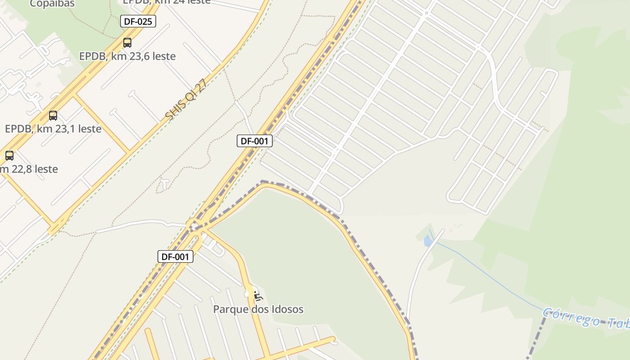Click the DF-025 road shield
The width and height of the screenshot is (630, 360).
coord(138,21)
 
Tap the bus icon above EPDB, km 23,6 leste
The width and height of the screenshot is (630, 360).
coord(127,43)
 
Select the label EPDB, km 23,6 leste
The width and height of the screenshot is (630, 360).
coord(127,56)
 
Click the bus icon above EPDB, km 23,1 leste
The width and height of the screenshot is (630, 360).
coord(53,116)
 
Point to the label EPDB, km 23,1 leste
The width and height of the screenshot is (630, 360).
coord(53,129)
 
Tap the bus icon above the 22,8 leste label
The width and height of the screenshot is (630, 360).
coord(9,156)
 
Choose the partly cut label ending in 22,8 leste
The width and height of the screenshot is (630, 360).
coord(29,169)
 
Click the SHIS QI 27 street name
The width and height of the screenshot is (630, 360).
coord(185,100)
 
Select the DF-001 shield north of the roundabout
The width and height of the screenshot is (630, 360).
coord(255,141)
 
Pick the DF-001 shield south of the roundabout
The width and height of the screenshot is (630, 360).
coord(175,256)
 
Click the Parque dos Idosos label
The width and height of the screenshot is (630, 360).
coord(258,310)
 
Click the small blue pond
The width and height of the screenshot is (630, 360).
coord(427,242)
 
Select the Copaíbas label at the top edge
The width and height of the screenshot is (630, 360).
coord(52,4)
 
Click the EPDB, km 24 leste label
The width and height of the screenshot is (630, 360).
coord(166,2)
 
